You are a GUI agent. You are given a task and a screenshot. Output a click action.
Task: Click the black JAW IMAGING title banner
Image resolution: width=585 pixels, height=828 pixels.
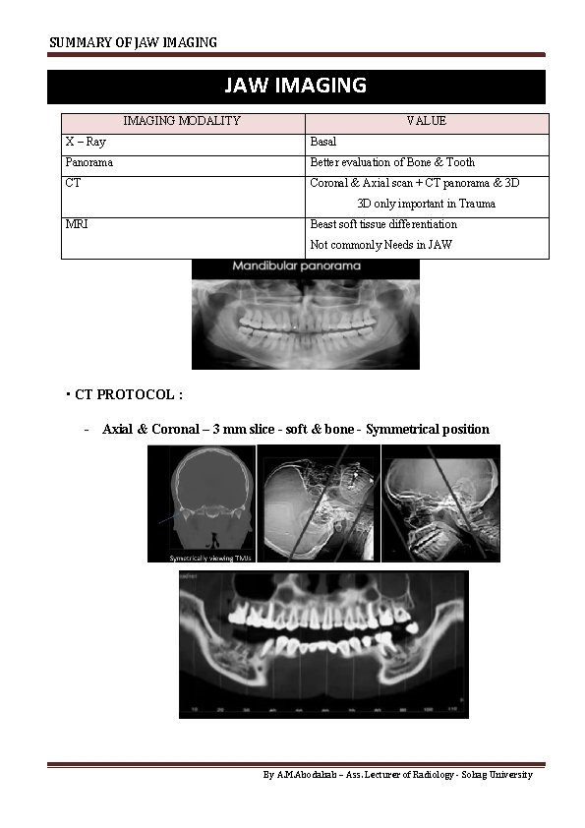(x=295, y=86)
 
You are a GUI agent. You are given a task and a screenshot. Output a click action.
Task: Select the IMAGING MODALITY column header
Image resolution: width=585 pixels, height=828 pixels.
(x=182, y=121)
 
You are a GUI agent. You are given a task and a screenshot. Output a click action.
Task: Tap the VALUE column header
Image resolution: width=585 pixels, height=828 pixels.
(x=426, y=121)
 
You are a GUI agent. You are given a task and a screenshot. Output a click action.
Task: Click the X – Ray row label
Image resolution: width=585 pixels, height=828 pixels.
(x=86, y=142)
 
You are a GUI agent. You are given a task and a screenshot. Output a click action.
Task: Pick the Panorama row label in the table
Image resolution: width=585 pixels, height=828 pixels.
(x=89, y=162)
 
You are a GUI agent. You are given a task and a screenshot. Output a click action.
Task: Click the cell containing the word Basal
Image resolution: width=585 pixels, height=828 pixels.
(x=323, y=142)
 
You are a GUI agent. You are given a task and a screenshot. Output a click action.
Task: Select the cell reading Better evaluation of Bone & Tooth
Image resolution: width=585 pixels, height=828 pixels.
(x=392, y=162)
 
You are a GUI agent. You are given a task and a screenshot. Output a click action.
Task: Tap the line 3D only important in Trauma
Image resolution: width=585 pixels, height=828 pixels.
(x=426, y=204)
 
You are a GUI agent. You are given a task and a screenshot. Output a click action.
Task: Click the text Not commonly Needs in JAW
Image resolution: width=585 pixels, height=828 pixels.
(x=380, y=245)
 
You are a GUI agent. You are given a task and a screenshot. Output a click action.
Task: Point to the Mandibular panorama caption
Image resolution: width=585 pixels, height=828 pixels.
(x=296, y=266)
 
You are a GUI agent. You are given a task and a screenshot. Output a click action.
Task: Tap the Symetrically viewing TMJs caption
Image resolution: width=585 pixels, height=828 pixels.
(x=201, y=557)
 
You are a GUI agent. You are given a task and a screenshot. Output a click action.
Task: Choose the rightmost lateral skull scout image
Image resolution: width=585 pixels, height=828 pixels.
(x=440, y=503)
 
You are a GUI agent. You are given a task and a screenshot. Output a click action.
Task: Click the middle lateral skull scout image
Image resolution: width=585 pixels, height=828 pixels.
(x=318, y=503)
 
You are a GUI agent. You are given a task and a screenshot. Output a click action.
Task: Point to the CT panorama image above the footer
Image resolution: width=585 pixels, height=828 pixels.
(x=323, y=644)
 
